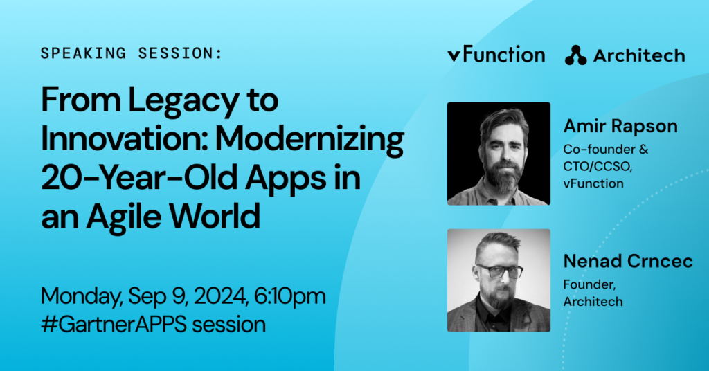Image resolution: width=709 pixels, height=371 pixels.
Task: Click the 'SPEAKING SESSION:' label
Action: pos(132,53)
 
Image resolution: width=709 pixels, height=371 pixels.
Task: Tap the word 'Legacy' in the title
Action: pos(183,101)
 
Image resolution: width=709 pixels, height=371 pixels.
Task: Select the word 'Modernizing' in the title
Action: pos(309,140)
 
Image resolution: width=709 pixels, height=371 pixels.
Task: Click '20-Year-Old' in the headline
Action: pos(139,178)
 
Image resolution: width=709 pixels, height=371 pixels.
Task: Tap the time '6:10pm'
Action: pos(290,296)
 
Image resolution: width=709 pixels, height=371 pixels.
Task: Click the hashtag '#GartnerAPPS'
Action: pos(114,325)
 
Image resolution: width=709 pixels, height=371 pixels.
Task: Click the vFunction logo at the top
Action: pos(496,55)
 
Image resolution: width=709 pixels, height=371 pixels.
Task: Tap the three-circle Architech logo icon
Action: pos(575,55)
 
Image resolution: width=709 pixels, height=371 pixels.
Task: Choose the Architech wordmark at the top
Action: pos(639,55)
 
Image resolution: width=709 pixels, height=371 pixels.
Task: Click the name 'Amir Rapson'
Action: pos(620,126)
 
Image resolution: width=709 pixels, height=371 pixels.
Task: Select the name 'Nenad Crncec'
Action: pos(628,261)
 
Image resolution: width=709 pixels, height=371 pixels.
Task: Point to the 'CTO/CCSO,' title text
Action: pos(598,167)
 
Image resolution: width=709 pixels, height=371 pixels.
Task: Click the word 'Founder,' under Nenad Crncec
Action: pos(590,284)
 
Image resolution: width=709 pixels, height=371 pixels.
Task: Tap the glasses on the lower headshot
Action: pos(499,271)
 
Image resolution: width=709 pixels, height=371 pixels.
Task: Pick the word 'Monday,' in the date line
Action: pos(82,297)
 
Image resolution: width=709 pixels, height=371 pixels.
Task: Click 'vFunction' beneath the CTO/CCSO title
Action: pos(593,183)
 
